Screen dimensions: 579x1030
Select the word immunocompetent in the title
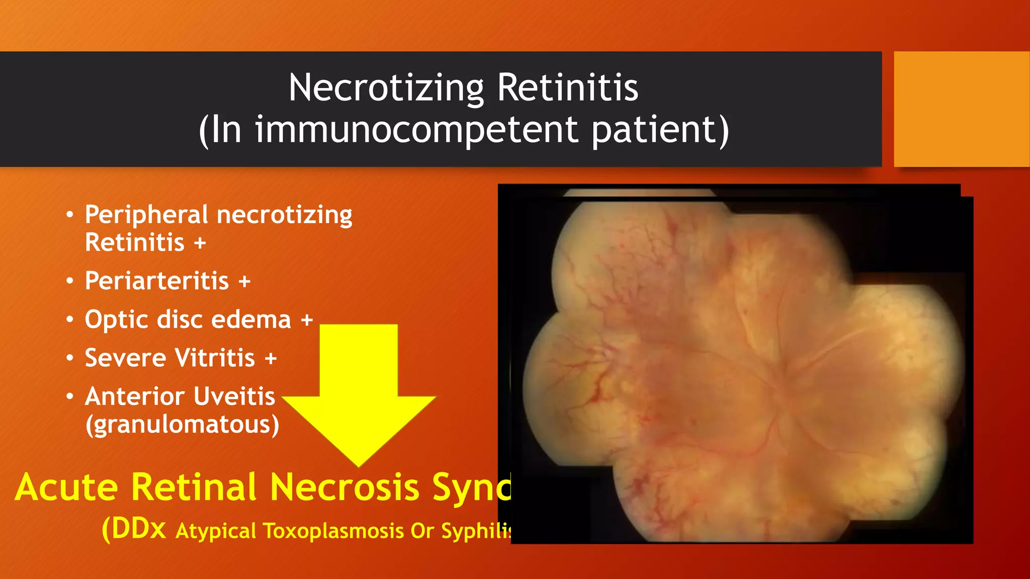[x=417, y=130]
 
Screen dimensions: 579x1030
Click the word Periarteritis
[x=157, y=281]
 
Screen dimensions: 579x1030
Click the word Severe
[x=125, y=358]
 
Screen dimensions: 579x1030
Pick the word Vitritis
[x=215, y=358]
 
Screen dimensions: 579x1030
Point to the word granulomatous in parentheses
[x=182, y=425]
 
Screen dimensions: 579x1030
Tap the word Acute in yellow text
[x=66, y=488]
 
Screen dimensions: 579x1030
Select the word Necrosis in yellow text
[x=345, y=488]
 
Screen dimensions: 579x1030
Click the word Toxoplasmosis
[x=333, y=531]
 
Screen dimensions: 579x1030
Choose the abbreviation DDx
[x=138, y=529]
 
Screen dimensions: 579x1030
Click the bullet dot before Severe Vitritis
[x=70, y=358]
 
